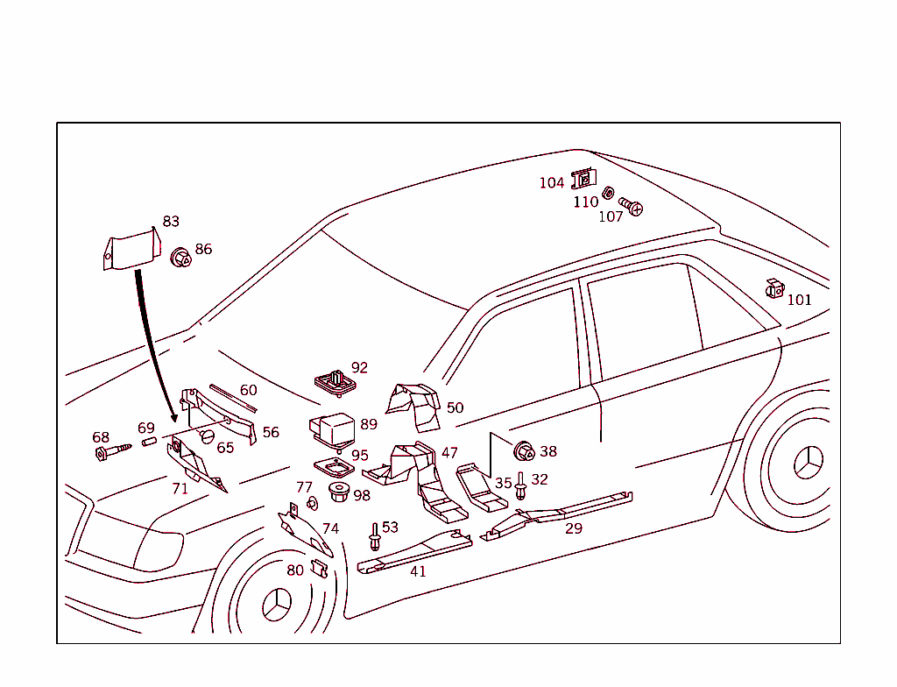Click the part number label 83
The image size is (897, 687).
pyautogui.click(x=171, y=222)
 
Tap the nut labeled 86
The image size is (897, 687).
pyautogui.click(x=181, y=258)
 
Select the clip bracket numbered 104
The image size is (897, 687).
pyautogui.click(x=583, y=180)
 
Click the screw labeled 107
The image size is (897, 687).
pyautogui.click(x=631, y=207)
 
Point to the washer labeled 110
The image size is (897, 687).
pyautogui.click(x=607, y=192)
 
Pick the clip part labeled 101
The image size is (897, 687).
pyautogui.click(x=774, y=288)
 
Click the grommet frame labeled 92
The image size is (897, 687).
pyautogui.click(x=334, y=383)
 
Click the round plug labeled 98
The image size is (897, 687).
pyautogui.click(x=337, y=492)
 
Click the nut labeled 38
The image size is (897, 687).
pyautogui.click(x=525, y=452)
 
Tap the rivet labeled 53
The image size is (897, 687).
pyautogui.click(x=375, y=536)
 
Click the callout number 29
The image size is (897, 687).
pyautogui.click(x=574, y=528)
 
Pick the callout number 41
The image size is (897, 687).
pyautogui.click(x=418, y=571)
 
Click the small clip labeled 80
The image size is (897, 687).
pyautogui.click(x=319, y=570)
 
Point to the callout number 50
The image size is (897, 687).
pyautogui.click(x=455, y=407)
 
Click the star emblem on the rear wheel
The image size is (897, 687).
pyautogui.click(x=809, y=462)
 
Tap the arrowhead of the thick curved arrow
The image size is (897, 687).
pyautogui.click(x=173, y=416)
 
